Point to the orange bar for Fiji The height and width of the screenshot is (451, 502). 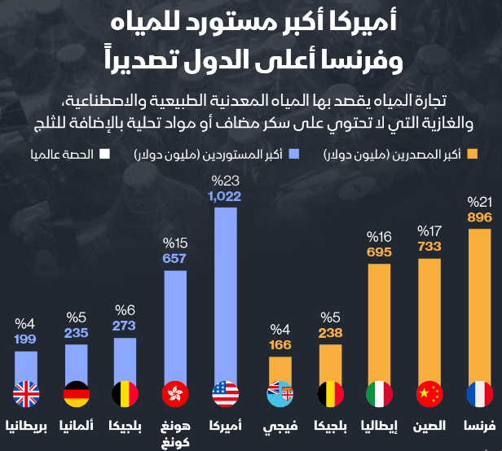click(280, 370)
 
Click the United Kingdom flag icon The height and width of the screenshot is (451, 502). click(26, 395)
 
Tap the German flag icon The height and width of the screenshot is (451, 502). click(76, 395)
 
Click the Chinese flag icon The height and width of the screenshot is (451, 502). click(429, 395)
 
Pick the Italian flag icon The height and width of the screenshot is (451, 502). click(380, 395)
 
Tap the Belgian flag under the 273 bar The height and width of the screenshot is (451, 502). click(125, 395)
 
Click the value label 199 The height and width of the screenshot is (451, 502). click(26, 339)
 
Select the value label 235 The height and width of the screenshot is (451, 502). click(76, 331)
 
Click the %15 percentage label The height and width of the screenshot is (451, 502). click(175, 243)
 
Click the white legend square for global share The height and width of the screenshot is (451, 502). click(103, 153)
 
